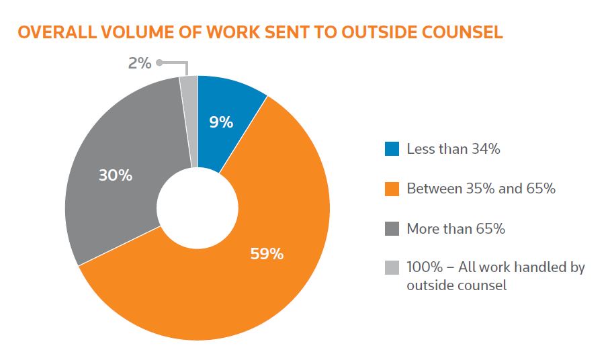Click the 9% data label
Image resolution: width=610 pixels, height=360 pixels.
point(221,122)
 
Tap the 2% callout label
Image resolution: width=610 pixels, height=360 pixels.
point(139,64)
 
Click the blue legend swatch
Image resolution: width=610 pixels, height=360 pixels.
point(392,149)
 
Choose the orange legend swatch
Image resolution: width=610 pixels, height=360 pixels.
point(392,189)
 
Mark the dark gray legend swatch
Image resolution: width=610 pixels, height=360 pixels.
point(392,228)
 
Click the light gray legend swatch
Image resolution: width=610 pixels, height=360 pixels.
point(392,267)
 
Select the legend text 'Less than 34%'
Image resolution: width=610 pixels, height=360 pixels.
point(453,149)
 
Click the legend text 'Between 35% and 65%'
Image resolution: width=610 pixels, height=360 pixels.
point(481,189)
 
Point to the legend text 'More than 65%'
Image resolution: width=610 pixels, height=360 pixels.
point(455,228)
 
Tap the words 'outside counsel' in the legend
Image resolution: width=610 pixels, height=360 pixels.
point(456,285)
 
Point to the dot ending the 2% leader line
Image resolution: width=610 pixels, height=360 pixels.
point(160,63)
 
